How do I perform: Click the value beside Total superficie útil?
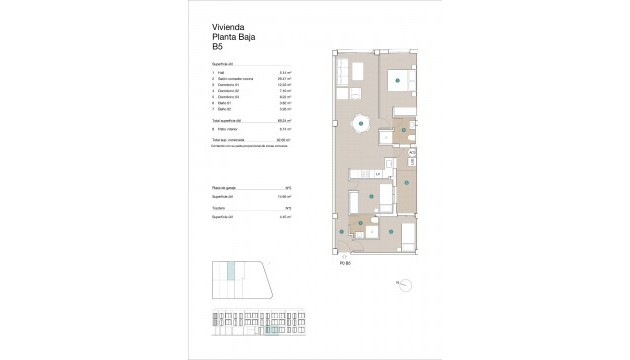(x=283, y=120)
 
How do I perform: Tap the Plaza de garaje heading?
(x=224, y=187)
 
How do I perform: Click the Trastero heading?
(x=219, y=207)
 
